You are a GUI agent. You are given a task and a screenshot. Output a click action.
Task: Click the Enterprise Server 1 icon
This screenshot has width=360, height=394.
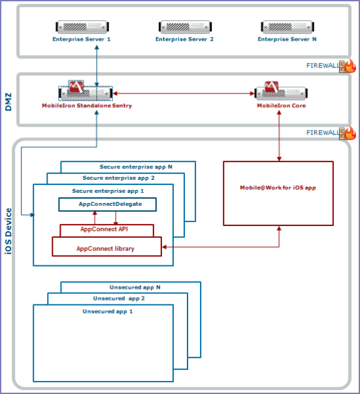[82, 27]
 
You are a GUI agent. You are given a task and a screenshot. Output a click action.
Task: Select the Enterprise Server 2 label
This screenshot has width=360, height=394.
[184, 39]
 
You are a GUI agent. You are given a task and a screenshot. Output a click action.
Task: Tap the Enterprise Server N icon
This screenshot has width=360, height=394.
[287, 27]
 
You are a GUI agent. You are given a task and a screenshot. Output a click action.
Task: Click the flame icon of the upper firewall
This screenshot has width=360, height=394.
[350, 66]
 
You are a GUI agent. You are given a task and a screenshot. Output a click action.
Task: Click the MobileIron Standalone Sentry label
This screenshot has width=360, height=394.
[87, 106]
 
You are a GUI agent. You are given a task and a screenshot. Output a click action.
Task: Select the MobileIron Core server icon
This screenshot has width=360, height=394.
[281, 90]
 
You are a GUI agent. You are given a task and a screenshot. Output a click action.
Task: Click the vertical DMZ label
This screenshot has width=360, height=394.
[8, 102]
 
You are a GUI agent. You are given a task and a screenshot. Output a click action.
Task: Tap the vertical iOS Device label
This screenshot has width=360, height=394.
[8, 231]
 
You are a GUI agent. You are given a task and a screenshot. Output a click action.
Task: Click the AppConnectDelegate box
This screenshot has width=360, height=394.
[108, 205]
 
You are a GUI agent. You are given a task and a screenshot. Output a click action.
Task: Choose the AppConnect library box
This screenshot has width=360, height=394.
[106, 247]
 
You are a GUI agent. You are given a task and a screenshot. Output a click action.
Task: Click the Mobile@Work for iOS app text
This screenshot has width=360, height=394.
[278, 188]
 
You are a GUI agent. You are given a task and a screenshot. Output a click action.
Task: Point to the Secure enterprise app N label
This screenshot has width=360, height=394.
[136, 167]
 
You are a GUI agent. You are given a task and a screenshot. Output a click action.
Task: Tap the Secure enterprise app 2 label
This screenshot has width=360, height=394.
[118, 178]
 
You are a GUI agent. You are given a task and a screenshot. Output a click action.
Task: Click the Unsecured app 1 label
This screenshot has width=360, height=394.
[108, 312]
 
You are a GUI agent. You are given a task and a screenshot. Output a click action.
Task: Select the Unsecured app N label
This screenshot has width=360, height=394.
[135, 287]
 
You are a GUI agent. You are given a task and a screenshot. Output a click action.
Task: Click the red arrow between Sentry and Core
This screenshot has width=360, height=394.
[184, 93]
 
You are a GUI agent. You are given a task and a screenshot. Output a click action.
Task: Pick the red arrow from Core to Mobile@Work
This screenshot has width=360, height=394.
[279, 136]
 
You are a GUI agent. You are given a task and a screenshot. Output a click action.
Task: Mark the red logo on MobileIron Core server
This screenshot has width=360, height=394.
[272, 87]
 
